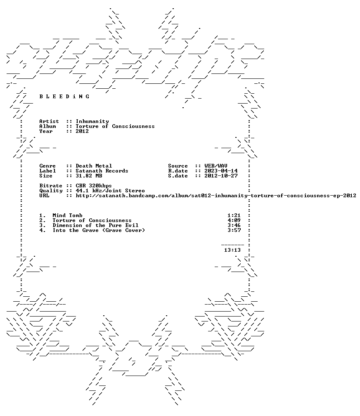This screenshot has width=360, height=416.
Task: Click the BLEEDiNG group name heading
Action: (64, 96)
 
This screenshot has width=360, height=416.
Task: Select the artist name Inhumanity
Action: (92, 121)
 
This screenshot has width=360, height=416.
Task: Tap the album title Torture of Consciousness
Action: (115, 126)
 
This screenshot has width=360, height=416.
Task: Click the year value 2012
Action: (82, 131)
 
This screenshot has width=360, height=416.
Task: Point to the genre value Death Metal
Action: (94, 166)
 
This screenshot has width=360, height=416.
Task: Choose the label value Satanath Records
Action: (102, 171)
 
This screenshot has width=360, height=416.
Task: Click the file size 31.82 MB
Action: (89, 176)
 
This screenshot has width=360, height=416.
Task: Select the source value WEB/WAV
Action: (216, 166)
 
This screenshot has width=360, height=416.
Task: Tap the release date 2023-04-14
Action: (221, 171)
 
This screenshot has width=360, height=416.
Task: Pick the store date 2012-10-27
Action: (221, 176)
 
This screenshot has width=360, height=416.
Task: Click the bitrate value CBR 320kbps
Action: (94, 186)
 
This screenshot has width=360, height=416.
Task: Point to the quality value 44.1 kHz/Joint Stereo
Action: (110, 191)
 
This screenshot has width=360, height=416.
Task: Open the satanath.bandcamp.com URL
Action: (216, 196)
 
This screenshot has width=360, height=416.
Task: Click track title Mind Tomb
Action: (67, 215)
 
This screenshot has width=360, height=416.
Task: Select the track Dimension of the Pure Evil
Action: (95, 225)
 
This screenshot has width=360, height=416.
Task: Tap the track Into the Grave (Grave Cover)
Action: (99, 230)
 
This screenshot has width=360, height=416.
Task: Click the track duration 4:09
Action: (234, 220)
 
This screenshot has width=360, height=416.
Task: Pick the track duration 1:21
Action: (234, 215)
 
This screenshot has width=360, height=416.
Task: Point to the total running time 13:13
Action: (232, 250)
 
